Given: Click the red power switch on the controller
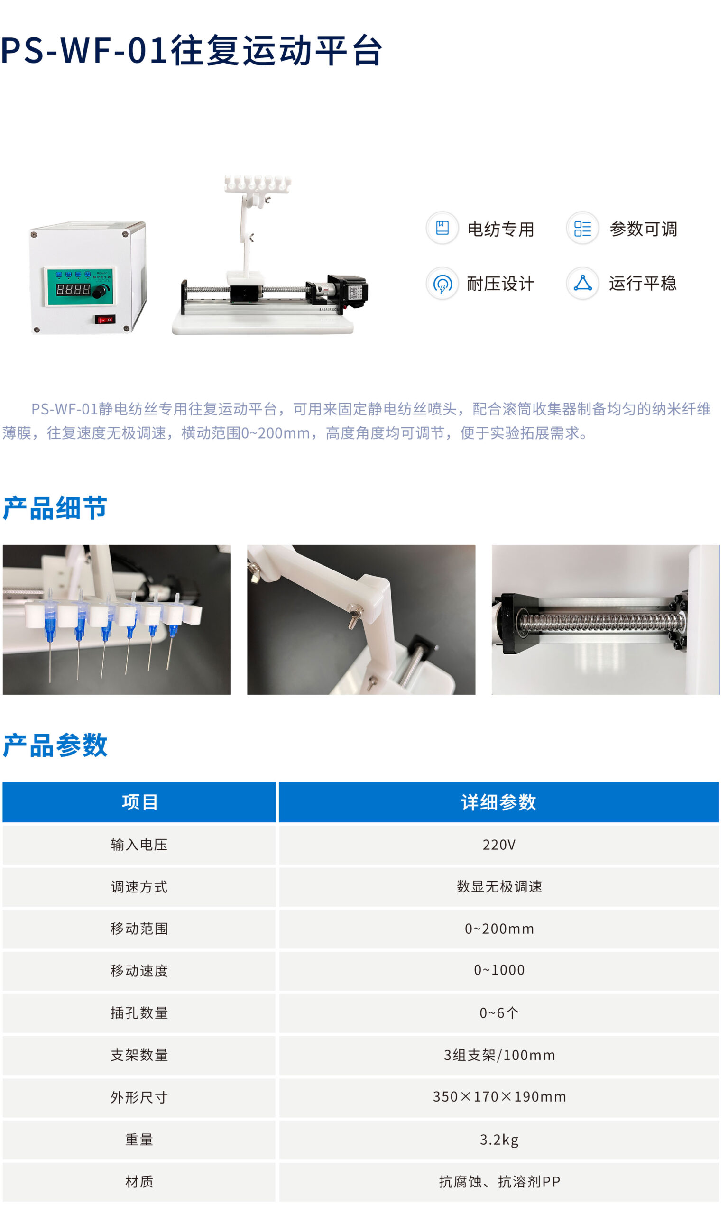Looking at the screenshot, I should pyautogui.click(x=105, y=320).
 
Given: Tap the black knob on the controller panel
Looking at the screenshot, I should pyautogui.click(x=99, y=292).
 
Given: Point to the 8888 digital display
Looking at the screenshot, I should pyautogui.click(x=73, y=289).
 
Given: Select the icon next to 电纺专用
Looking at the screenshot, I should pyautogui.click(x=442, y=228).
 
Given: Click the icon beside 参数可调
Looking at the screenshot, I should pyautogui.click(x=582, y=228).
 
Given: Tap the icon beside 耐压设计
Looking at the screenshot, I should pyautogui.click(x=442, y=283).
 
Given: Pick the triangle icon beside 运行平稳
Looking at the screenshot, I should pyautogui.click(x=582, y=283).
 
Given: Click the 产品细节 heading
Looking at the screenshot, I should pyautogui.click(x=55, y=508).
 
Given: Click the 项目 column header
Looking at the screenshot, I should pyautogui.click(x=139, y=802).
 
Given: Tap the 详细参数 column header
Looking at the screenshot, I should pyautogui.click(x=498, y=802).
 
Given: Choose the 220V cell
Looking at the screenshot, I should pyautogui.click(x=498, y=845).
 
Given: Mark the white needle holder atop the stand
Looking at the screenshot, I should pyautogui.click(x=257, y=184).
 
